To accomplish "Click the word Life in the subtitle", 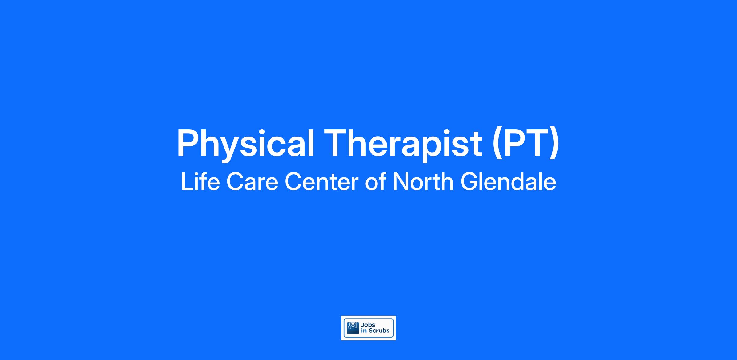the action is [x=200, y=182].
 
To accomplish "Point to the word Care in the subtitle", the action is [x=252, y=182].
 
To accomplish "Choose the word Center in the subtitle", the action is [x=322, y=182].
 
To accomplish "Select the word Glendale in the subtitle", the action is [x=508, y=182].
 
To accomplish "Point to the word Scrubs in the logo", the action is [x=379, y=331].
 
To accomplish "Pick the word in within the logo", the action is [x=364, y=331].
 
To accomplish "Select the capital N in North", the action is [x=402, y=182].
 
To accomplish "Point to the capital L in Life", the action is [x=187, y=182].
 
